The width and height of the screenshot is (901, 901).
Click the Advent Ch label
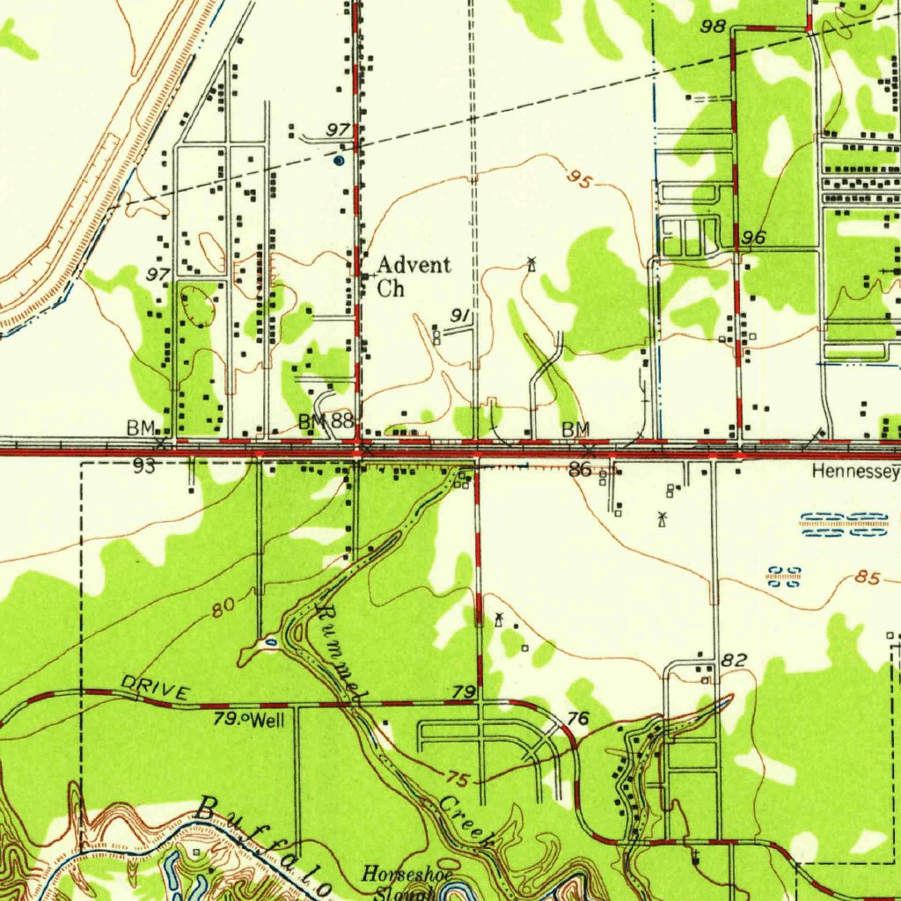[x=413, y=275]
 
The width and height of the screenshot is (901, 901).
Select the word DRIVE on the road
[x=154, y=688]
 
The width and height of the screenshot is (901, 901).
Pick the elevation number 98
[x=713, y=27]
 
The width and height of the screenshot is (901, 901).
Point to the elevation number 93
[x=144, y=466]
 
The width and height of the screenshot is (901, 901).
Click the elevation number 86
[x=580, y=470]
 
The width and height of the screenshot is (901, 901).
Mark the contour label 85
[x=867, y=579]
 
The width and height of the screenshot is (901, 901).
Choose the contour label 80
[x=224, y=606]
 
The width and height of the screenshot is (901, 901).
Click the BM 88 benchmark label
[x=326, y=421]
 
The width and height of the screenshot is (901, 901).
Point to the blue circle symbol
[x=340, y=160]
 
